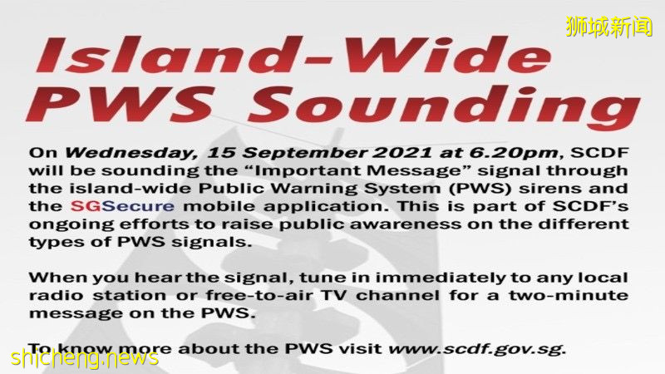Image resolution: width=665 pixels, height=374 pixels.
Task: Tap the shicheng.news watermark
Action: click(x=84, y=358)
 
